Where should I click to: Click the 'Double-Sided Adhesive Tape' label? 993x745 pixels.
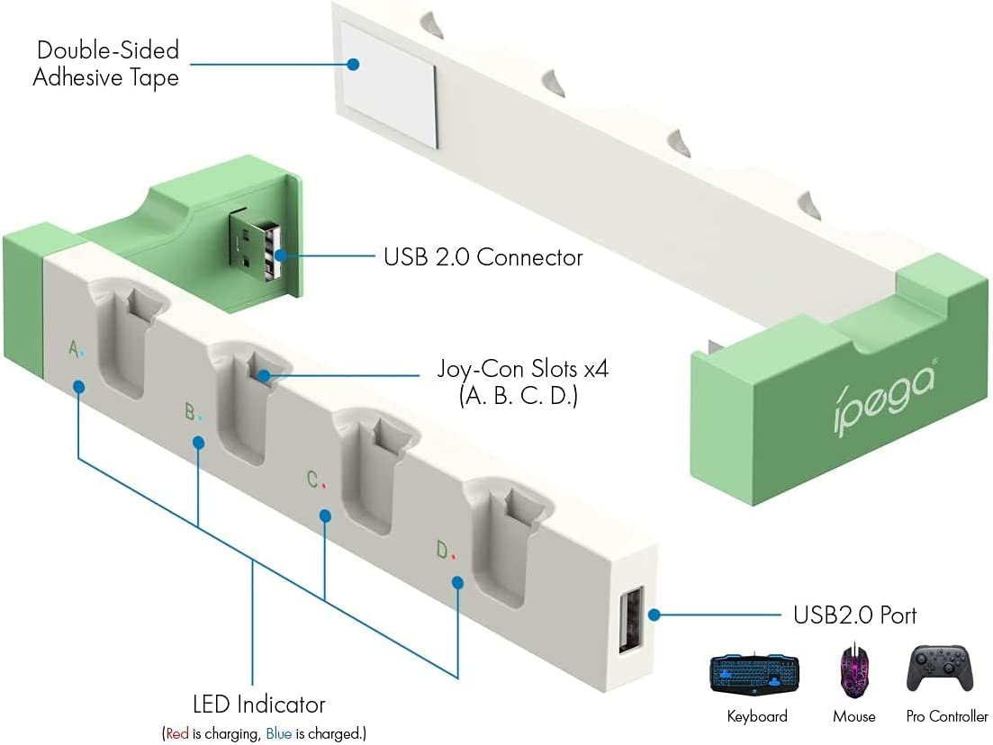coord(106,63)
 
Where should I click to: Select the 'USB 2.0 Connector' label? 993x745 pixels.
coord(483,257)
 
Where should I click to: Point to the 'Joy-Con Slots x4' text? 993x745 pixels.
coord(518,369)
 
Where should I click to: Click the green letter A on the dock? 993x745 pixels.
coord(74,348)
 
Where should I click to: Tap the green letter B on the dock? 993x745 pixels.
coord(190,413)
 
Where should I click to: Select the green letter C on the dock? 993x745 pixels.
coord(312,480)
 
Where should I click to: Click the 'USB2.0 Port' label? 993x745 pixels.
coord(854,615)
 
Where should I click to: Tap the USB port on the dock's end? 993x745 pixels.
coord(630,622)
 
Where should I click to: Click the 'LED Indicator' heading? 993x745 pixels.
coord(259,705)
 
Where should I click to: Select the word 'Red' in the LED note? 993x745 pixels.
coord(177,734)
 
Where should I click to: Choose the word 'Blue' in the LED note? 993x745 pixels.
coord(278,734)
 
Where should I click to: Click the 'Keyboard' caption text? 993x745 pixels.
coord(757,717)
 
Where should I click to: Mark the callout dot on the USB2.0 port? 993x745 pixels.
coord(654,615)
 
